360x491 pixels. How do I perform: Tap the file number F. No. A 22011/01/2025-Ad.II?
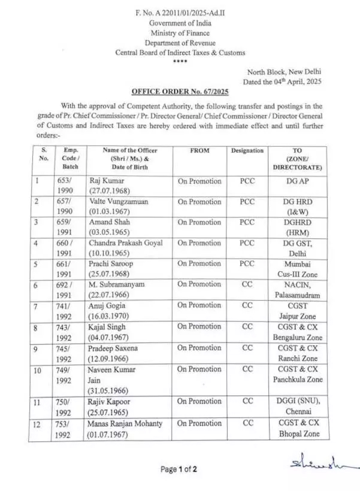[180, 13]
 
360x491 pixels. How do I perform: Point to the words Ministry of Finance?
[180, 33]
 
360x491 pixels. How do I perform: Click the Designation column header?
[247, 151]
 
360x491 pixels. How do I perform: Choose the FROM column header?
[199, 151]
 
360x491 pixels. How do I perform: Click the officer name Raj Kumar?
[106, 180]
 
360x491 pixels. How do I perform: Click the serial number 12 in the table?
[37, 423]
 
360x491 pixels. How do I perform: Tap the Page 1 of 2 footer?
[179, 469]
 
